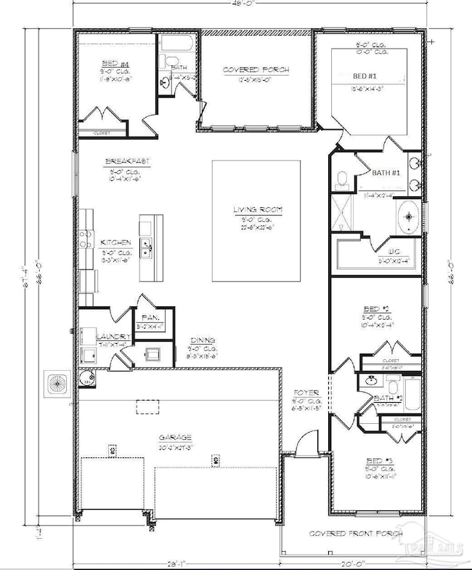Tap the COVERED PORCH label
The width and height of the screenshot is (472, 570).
(x=256, y=70)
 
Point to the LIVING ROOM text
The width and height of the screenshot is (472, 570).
(x=258, y=210)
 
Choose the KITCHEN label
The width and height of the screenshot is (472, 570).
(x=116, y=242)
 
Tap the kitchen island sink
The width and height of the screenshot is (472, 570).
(x=147, y=247)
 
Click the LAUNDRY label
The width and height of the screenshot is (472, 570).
(x=114, y=337)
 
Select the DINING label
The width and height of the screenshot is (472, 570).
(x=202, y=340)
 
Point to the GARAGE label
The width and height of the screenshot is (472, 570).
(x=176, y=437)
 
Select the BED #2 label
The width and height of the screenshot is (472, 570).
(x=377, y=310)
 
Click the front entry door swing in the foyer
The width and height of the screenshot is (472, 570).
(x=309, y=440)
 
